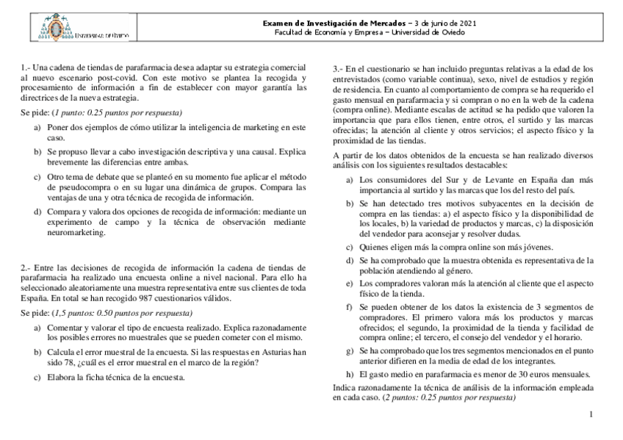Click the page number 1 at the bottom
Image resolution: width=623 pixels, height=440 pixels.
point(591,415)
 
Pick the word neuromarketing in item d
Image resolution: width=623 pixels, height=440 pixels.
point(77,233)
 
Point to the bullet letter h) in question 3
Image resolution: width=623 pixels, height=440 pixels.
point(349,374)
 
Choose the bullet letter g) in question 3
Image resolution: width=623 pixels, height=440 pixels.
point(349,351)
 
